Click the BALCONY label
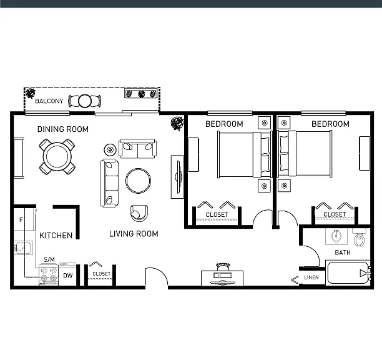pyautogui.click(x=49, y=101)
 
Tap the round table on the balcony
pyautogui.click(x=85, y=101)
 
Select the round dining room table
pyautogui.click(x=57, y=157)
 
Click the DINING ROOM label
pyautogui.click(x=63, y=129)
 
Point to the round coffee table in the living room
pyautogui.click(x=138, y=181)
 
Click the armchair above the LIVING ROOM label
pyautogui.click(x=139, y=213)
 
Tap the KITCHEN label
pyautogui.click(x=56, y=236)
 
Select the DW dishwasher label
pyautogui.click(x=68, y=276)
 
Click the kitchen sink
pyautogui.click(x=23, y=247)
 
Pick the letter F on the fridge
pyautogui.click(x=21, y=220)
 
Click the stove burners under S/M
pyautogui.click(x=49, y=274)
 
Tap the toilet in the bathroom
pyautogui.click(x=359, y=237)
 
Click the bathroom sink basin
pyautogui.click(x=336, y=236)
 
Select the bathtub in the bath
pyautogui.click(x=348, y=273)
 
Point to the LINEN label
pyautogui.click(x=311, y=277)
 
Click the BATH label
pyautogui.click(x=343, y=252)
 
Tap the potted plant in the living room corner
pyautogui.click(x=177, y=123)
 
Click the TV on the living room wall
pyautogui.click(x=179, y=177)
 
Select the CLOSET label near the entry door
pyautogui.click(x=102, y=274)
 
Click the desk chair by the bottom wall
pyautogui.click(x=223, y=267)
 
